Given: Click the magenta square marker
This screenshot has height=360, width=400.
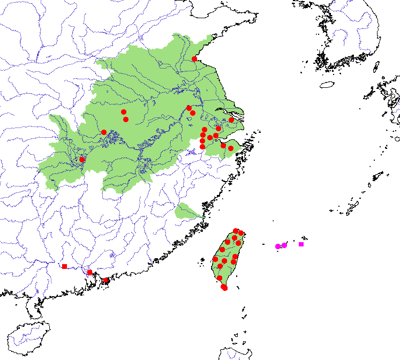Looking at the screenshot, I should (x=301, y=244).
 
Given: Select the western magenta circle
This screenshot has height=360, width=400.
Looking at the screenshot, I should (x=278, y=246).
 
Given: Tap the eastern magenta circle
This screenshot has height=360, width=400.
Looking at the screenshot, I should (x=284, y=245).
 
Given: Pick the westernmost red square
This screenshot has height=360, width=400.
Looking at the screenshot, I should (x=64, y=266).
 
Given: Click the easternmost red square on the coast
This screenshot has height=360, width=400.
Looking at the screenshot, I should (x=106, y=281).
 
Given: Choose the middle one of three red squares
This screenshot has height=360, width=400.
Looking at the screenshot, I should (x=89, y=272).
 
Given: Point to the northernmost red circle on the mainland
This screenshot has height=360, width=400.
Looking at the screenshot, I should (x=194, y=59).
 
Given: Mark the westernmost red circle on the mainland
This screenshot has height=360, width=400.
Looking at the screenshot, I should (x=82, y=160).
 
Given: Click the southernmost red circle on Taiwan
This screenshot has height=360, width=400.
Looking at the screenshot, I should (x=225, y=288).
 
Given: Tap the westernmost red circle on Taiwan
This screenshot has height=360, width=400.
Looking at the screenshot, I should (x=215, y=259).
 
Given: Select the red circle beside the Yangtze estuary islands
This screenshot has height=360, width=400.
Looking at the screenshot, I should (x=231, y=120).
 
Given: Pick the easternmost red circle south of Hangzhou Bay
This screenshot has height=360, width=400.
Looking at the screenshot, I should (x=231, y=148).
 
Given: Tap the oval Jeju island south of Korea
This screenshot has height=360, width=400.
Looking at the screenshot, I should (x=327, y=85).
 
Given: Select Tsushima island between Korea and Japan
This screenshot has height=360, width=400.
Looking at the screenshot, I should (x=376, y=66).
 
